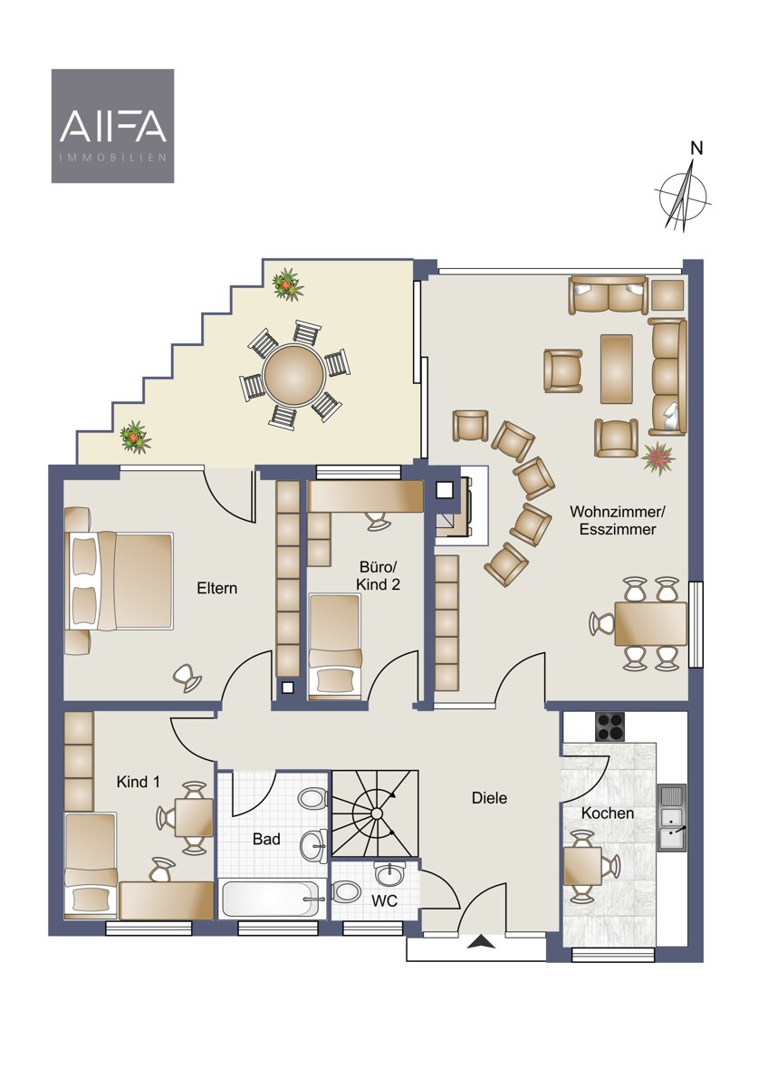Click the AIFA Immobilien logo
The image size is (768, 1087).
point(112,126)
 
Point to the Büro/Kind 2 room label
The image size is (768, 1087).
point(378,575)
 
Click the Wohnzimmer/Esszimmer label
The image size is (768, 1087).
point(618,520)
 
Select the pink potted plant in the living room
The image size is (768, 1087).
point(658,457)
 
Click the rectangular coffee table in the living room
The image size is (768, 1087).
point(617,369)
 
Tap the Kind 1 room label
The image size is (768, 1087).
point(139,782)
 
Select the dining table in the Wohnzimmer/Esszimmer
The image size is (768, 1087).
point(650,623)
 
